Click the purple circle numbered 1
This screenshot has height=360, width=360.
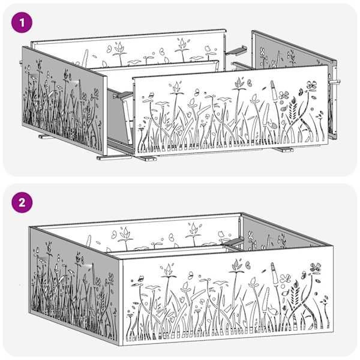tap(22, 23)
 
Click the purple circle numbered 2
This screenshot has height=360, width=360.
tap(22, 203)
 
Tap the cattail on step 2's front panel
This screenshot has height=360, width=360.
tap(274, 272)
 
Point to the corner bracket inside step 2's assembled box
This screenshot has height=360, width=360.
tap(233, 241)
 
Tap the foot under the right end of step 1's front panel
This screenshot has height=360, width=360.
tap(284, 149)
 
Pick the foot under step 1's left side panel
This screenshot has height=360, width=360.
tap(46, 137)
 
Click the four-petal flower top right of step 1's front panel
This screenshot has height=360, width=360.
tap(311, 85)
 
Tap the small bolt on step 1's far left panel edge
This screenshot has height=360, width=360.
tap(20, 62)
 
